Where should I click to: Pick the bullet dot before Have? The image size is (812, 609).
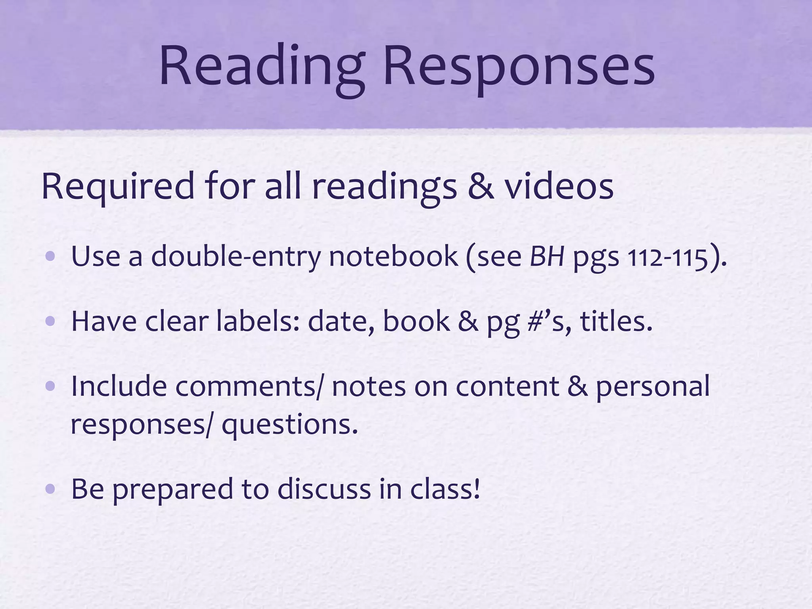(x=50, y=321)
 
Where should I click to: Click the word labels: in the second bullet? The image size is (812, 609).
(x=258, y=321)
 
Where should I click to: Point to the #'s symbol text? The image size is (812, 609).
(x=550, y=321)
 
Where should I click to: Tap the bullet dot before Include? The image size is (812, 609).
(x=50, y=386)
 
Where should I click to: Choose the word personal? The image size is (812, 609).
(x=653, y=387)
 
